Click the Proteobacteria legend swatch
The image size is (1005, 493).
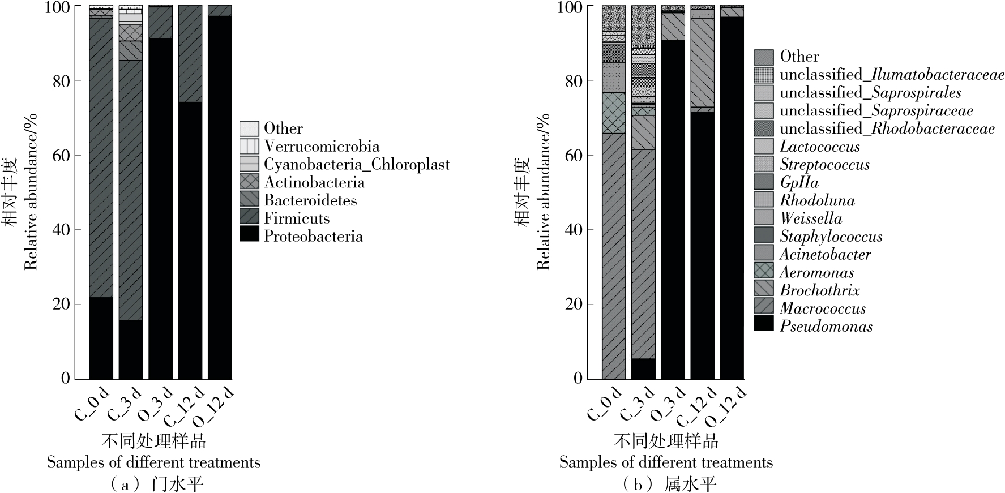pyautogui.click(x=249, y=235)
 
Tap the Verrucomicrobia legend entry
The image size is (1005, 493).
pyautogui.click(x=322, y=147)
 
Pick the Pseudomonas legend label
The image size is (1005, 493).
pyautogui.click(x=826, y=326)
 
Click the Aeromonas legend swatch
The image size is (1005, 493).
pyautogui.click(x=763, y=272)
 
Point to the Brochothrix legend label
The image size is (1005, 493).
pyautogui.click(x=819, y=290)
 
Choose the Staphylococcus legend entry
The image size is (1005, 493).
pyautogui.click(x=831, y=236)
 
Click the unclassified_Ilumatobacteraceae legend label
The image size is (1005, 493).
pyautogui.click(x=892, y=74)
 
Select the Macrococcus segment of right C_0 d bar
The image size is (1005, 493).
pyautogui.click(x=614, y=255)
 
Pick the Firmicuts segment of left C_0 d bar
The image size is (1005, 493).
pyautogui.click(x=101, y=158)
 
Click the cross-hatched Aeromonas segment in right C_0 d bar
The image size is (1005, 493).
pyautogui.click(x=614, y=113)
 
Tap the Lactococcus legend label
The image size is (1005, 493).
pyautogui.click(x=819, y=147)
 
